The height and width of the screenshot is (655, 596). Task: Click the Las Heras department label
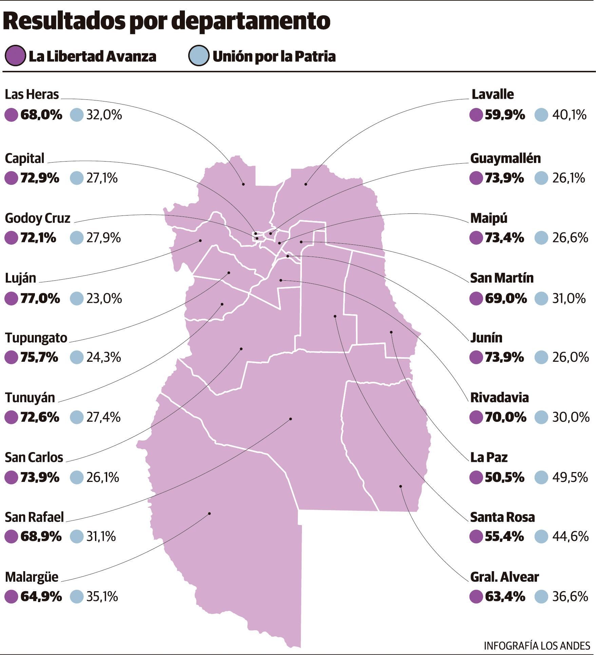(32, 94)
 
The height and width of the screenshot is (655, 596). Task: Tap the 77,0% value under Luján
(40, 298)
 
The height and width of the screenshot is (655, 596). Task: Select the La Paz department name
(489, 457)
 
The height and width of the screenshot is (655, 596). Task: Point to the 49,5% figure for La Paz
(570, 478)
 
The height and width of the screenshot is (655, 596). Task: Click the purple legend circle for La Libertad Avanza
(15, 56)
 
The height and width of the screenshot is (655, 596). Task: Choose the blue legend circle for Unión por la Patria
(198, 56)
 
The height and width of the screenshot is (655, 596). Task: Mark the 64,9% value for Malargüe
(41, 596)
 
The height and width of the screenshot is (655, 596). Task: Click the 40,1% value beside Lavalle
(570, 115)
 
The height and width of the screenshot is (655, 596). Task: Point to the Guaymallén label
(505, 158)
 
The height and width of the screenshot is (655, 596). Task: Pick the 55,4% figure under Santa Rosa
(505, 537)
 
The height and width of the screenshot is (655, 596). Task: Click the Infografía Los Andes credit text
(537, 645)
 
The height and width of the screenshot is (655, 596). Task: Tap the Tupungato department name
(36, 338)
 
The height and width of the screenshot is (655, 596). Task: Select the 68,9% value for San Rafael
(41, 537)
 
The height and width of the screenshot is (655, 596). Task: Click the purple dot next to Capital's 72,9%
(11, 178)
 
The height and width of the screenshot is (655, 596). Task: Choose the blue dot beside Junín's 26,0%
(541, 357)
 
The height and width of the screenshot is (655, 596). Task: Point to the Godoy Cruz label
(38, 218)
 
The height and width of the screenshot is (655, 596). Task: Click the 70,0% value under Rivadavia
(505, 417)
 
